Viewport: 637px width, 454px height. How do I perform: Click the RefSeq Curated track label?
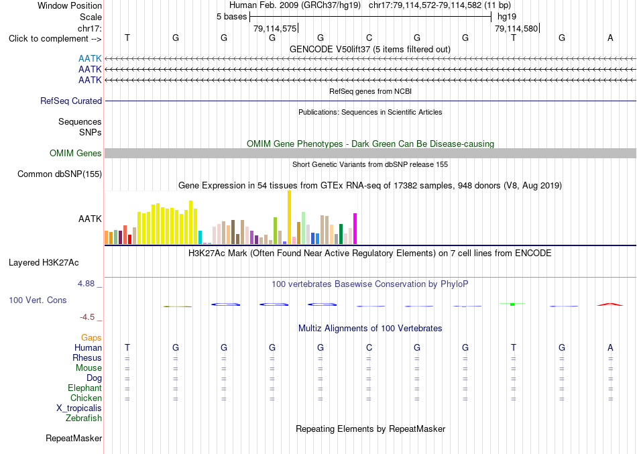(x=71, y=101)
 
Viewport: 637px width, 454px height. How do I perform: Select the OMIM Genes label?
(x=76, y=153)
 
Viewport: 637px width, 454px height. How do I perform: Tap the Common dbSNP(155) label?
(x=60, y=174)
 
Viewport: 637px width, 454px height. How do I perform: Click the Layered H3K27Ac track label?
(x=44, y=263)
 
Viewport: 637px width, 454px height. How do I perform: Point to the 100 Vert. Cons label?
(x=38, y=300)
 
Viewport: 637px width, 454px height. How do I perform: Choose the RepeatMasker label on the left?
(x=74, y=438)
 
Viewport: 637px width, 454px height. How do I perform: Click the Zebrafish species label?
(x=84, y=418)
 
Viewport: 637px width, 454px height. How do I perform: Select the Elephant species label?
(x=85, y=388)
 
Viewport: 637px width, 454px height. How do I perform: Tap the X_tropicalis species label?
(x=79, y=408)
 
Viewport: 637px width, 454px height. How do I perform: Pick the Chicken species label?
(x=86, y=398)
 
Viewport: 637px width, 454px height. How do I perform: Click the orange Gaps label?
(x=91, y=338)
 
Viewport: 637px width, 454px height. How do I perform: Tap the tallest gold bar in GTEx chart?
(x=289, y=217)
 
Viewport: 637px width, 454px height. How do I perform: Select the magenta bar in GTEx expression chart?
(x=355, y=229)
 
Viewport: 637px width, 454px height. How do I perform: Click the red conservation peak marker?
(x=610, y=304)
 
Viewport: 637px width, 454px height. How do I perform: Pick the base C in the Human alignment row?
(x=369, y=347)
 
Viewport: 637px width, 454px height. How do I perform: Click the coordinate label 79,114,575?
(x=275, y=28)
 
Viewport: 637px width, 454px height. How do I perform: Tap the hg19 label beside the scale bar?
(x=507, y=17)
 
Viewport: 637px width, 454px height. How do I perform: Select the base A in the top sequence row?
(x=610, y=38)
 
